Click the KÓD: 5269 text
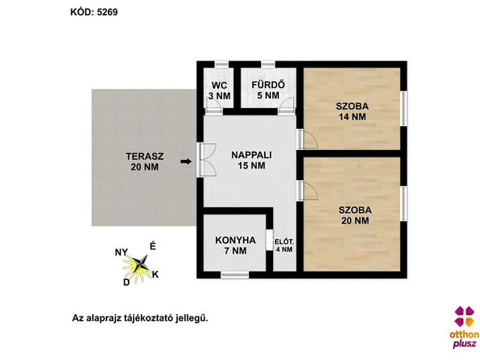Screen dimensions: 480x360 click(94, 12)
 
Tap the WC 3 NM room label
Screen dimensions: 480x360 click(220, 90)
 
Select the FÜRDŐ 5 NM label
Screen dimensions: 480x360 click(268, 90)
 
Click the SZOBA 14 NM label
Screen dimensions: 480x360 click(352, 112)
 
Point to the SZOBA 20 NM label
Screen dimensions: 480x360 click(355, 215)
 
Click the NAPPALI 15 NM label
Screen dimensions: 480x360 click(252, 160)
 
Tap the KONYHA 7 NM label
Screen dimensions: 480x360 click(235, 245)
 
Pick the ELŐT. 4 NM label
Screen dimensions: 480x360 click(284, 245)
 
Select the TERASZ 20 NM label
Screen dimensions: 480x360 click(145, 162)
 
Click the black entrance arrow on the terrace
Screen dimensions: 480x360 click(186, 161)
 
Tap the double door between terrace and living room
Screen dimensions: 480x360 click(208, 160)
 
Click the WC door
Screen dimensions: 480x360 click(214, 106)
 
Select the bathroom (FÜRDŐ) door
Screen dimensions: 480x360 click(286, 106)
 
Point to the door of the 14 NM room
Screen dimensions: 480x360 click(307, 139)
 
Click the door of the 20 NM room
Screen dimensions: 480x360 click(307, 190)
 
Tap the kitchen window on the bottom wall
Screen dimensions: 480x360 click(235, 275)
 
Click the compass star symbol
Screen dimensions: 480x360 click(140, 264)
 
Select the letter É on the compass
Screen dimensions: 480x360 click(152, 246)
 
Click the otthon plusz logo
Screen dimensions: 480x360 click(464, 327)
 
